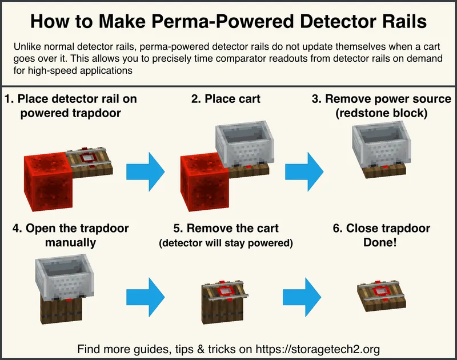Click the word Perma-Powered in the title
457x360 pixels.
(x=212, y=22)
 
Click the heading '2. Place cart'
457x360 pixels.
(x=226, y=99)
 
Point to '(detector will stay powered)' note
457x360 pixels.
(x=226, y=243)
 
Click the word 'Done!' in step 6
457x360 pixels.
(x=380, y=243)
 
